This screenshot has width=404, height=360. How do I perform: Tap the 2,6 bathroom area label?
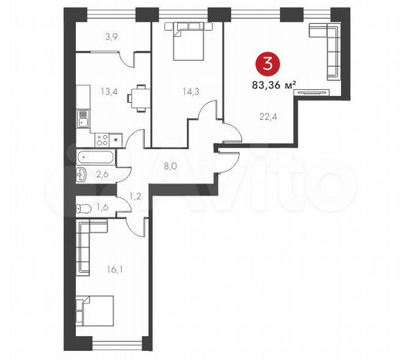[103, 175]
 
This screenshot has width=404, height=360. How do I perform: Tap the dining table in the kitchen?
[136, 96]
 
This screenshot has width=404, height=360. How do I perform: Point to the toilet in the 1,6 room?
[84, 208]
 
